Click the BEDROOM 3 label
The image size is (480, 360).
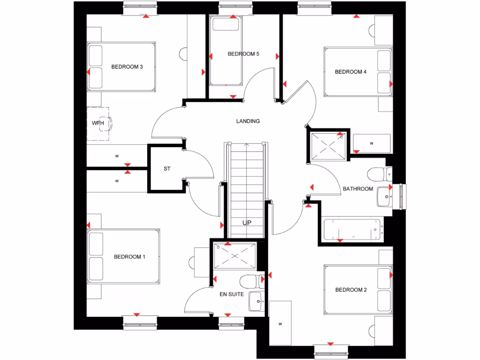tap(127, 67)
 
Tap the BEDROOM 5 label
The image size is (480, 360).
tap(243, 54)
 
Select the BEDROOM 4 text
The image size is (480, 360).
tap(351, 72)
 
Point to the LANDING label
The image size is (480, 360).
tap(248, 121)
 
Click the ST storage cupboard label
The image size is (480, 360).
tap(166, 169)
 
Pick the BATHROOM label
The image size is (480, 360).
tap(358, 189)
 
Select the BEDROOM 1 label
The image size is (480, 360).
tap(129, 257)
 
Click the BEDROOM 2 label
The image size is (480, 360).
tap(351, 290)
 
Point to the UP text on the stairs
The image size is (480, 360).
tap(247, 223)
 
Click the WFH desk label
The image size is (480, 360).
tap(97, 123)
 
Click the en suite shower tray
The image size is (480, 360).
tap(235, 255)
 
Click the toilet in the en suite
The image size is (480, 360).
tap(249, 282)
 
